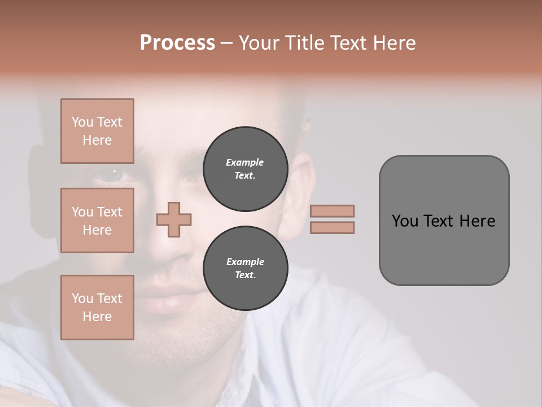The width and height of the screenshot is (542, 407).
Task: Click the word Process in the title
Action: coord(177,43)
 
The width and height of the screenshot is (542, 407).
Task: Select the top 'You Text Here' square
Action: coord(97,131)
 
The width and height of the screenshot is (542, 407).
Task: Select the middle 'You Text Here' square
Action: coord(97,220)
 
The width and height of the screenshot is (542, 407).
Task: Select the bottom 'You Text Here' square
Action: coord(97,308)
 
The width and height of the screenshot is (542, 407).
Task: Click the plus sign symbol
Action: coord(174,219)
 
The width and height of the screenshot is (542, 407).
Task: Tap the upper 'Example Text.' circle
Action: coord(245,168)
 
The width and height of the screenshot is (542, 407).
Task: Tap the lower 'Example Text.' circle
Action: coord(245,268)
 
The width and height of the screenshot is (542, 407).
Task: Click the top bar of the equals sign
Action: coord(332,211)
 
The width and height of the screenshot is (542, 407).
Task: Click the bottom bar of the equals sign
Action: coord(332,227)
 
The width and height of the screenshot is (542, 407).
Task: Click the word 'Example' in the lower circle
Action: coord(245,262)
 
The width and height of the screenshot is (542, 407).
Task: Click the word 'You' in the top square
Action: coord(82,122)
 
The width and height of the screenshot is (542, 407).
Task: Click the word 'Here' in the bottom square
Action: coord(97,317)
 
